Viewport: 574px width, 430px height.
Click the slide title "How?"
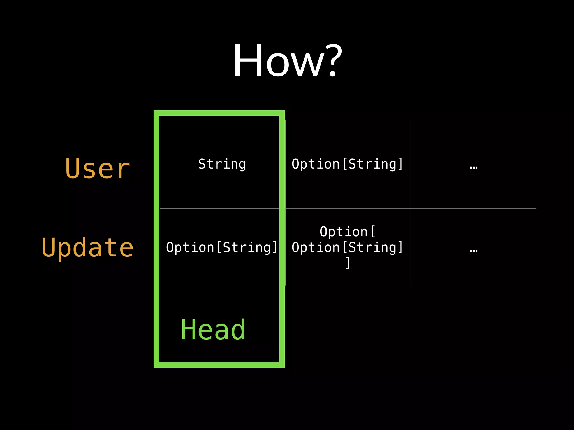(288, 60)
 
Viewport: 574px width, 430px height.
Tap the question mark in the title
(332, 60)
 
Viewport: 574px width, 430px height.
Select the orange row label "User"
(98, 168)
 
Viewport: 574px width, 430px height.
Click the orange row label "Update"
(87, 248)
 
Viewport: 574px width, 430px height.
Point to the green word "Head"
(213, 330)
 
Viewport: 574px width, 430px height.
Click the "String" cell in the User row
(222, 164)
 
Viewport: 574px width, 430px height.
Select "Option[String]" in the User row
(348, 164)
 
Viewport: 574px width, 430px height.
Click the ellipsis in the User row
(474, 167)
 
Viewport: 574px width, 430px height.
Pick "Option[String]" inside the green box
(222, 247)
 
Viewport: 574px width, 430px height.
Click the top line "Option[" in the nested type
(348, 232)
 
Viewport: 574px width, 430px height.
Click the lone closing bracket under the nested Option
(348, 263)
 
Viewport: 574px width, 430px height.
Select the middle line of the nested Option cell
(348, 247)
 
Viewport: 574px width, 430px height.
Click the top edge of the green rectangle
(219, 113)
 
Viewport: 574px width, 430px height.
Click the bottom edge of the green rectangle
(219, 365)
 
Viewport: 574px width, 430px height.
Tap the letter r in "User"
(124, 170)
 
